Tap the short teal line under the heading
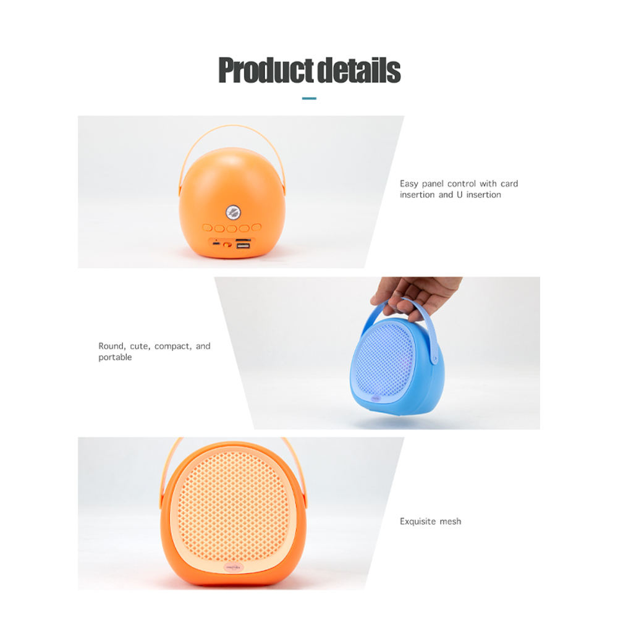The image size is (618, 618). tap(309, 98)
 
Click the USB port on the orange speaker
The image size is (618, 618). tap(243, 246)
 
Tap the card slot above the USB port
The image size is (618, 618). tap(243, 240)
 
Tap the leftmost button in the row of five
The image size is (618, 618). tap(207, 228)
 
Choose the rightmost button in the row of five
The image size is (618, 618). tap(256, 228)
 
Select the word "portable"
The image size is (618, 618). tap(115, 357)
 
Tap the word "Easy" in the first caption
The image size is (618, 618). tap(409, 184)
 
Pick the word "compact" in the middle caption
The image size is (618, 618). tap(172, 346)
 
